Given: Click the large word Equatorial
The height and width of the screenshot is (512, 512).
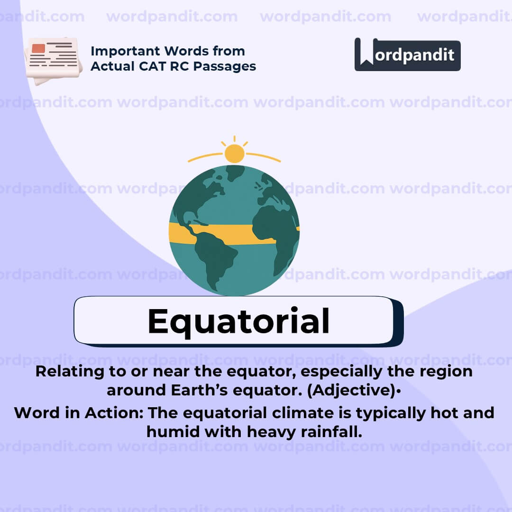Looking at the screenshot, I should coord(238,321).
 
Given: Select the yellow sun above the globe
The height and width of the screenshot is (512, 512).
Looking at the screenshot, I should coord(234,153).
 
